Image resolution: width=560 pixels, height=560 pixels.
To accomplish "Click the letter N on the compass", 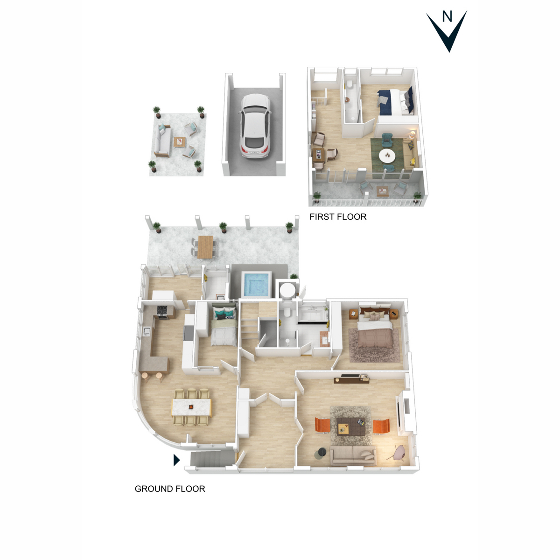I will tap(447, 17).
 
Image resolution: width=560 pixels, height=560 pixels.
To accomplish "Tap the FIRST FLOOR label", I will tap(338, 217).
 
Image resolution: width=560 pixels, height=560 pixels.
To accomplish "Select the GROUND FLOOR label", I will tap(170, 489).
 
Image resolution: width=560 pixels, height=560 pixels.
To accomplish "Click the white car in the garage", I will tap(254, 125).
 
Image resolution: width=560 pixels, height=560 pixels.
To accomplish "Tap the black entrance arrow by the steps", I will tap(176, 460).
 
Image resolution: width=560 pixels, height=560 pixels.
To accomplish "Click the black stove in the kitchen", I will tap(162, 311).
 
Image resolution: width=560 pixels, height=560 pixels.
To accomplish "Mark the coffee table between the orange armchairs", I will tap(350, 426).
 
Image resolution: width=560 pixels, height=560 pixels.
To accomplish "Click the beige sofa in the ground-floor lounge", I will tap(353, 455).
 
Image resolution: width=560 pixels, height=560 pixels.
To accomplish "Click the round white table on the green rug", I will tap(386, 155).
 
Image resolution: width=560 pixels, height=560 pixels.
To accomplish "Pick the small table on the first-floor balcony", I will tap(383, 190).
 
